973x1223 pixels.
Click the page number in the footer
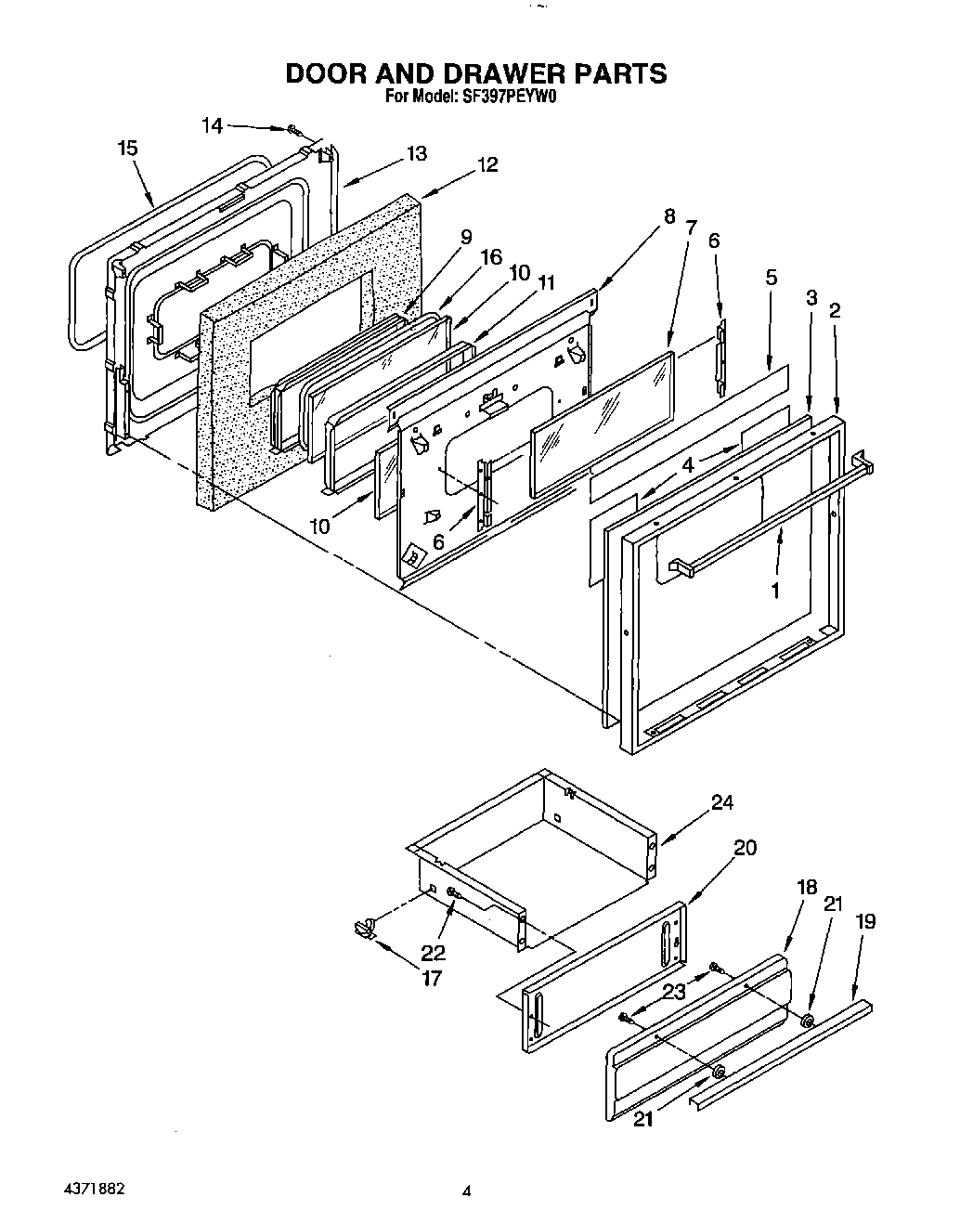pos(468,1190)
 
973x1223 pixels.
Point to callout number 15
pos(128,148)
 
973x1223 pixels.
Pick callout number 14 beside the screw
pos(213,125)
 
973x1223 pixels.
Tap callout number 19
pos(865,921)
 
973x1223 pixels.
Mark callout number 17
pos(432,978)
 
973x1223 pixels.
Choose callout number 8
pos(668,218)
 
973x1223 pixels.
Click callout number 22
pos(433,953)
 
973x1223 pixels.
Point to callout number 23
pos(673,992)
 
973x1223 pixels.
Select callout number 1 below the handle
pos(775,589)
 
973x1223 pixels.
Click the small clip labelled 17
pos(365,926)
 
